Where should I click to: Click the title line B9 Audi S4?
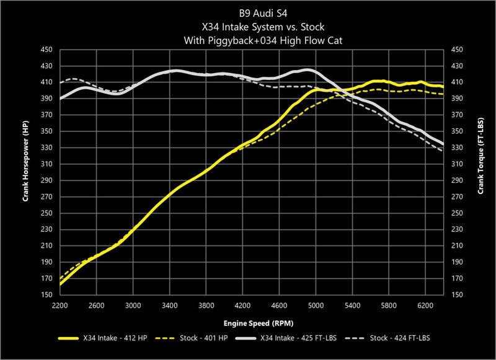click(x=248, y=11)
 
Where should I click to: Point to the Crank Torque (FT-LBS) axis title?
click(x=480, y=172)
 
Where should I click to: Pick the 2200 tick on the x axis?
click(x=60, y=305)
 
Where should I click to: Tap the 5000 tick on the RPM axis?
click(x=316, y=305)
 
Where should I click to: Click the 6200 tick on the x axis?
click(x=425, y=305)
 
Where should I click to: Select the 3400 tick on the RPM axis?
click(x=169, y=305)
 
